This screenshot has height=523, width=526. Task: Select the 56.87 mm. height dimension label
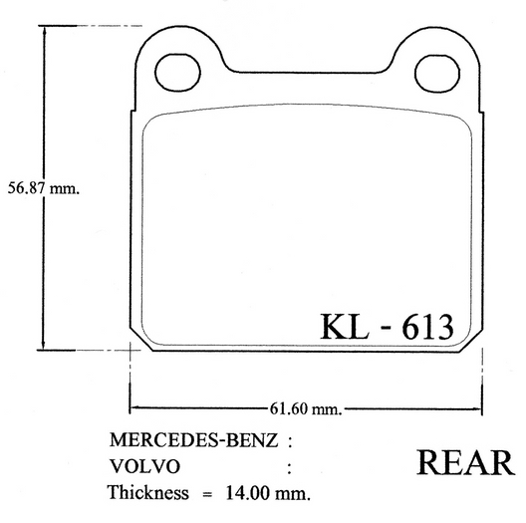43,187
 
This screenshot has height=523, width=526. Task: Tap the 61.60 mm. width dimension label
305,408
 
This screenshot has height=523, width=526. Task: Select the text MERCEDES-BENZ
192,439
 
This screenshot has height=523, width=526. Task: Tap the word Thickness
148,492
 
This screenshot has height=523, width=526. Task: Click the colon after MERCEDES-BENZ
289,439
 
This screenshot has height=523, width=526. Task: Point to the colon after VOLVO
289,465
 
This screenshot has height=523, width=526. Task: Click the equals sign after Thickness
207,492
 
